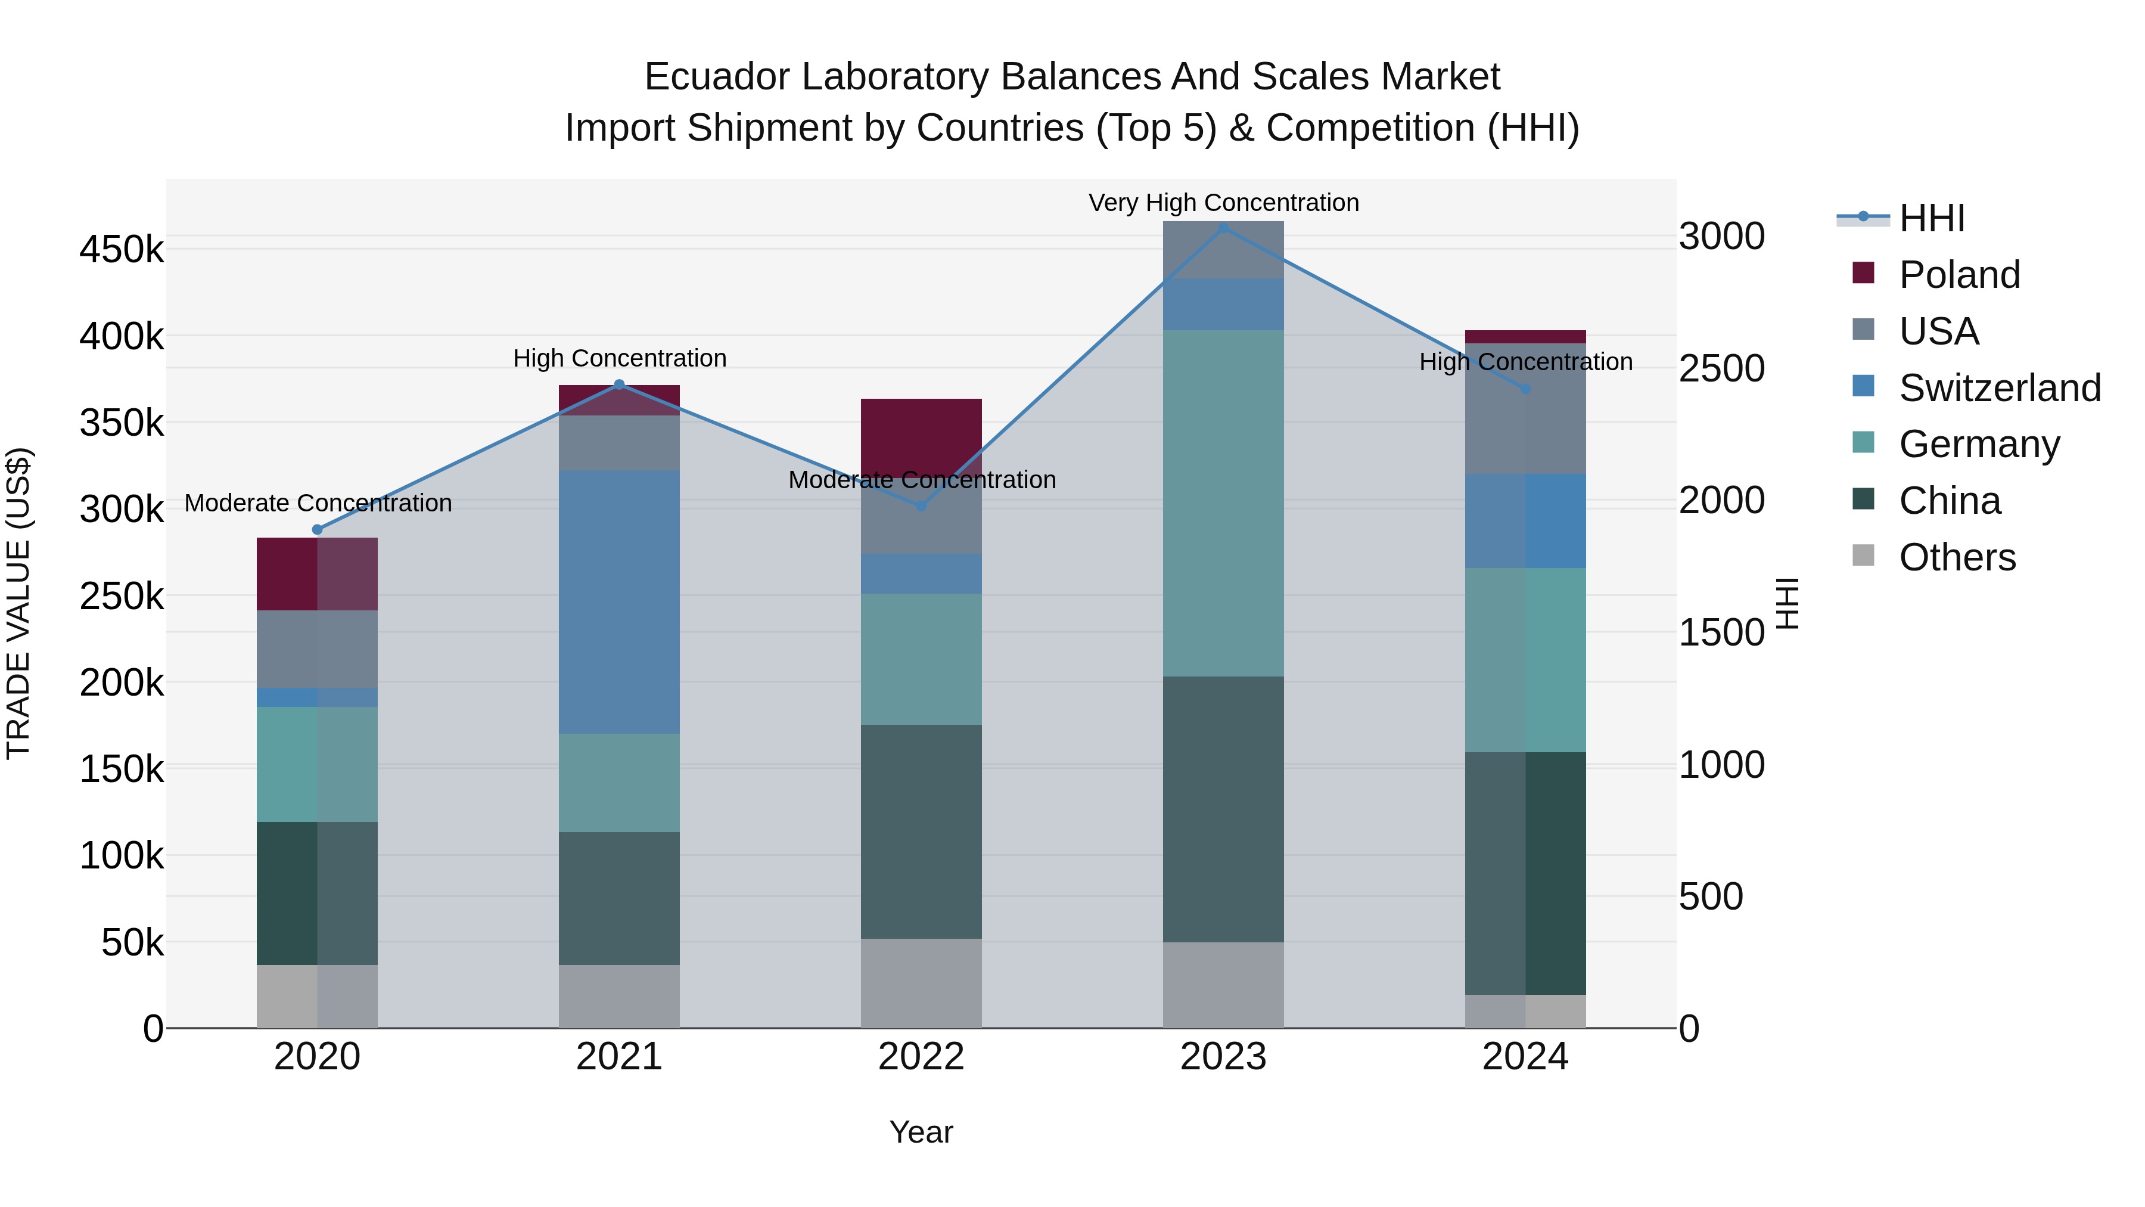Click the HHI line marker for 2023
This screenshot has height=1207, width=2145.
pos(1223,228)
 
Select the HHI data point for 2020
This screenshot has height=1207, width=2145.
pos(316,530)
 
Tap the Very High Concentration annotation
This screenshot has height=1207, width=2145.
pos(1223,203)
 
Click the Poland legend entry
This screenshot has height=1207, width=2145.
pos(1958,275)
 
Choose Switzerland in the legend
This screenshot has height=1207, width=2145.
pos(1998,388)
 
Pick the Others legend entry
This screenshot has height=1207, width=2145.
pos(1956,557)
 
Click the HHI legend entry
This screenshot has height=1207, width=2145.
pos(1931,218)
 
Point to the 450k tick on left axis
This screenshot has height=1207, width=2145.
pos(122,250)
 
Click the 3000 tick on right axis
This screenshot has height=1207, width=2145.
pos(1720,237)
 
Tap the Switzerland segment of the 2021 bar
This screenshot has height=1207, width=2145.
pos(618,601)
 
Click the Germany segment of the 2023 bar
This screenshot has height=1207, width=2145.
pos(1223,502)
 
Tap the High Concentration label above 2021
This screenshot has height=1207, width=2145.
pos(618,359)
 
